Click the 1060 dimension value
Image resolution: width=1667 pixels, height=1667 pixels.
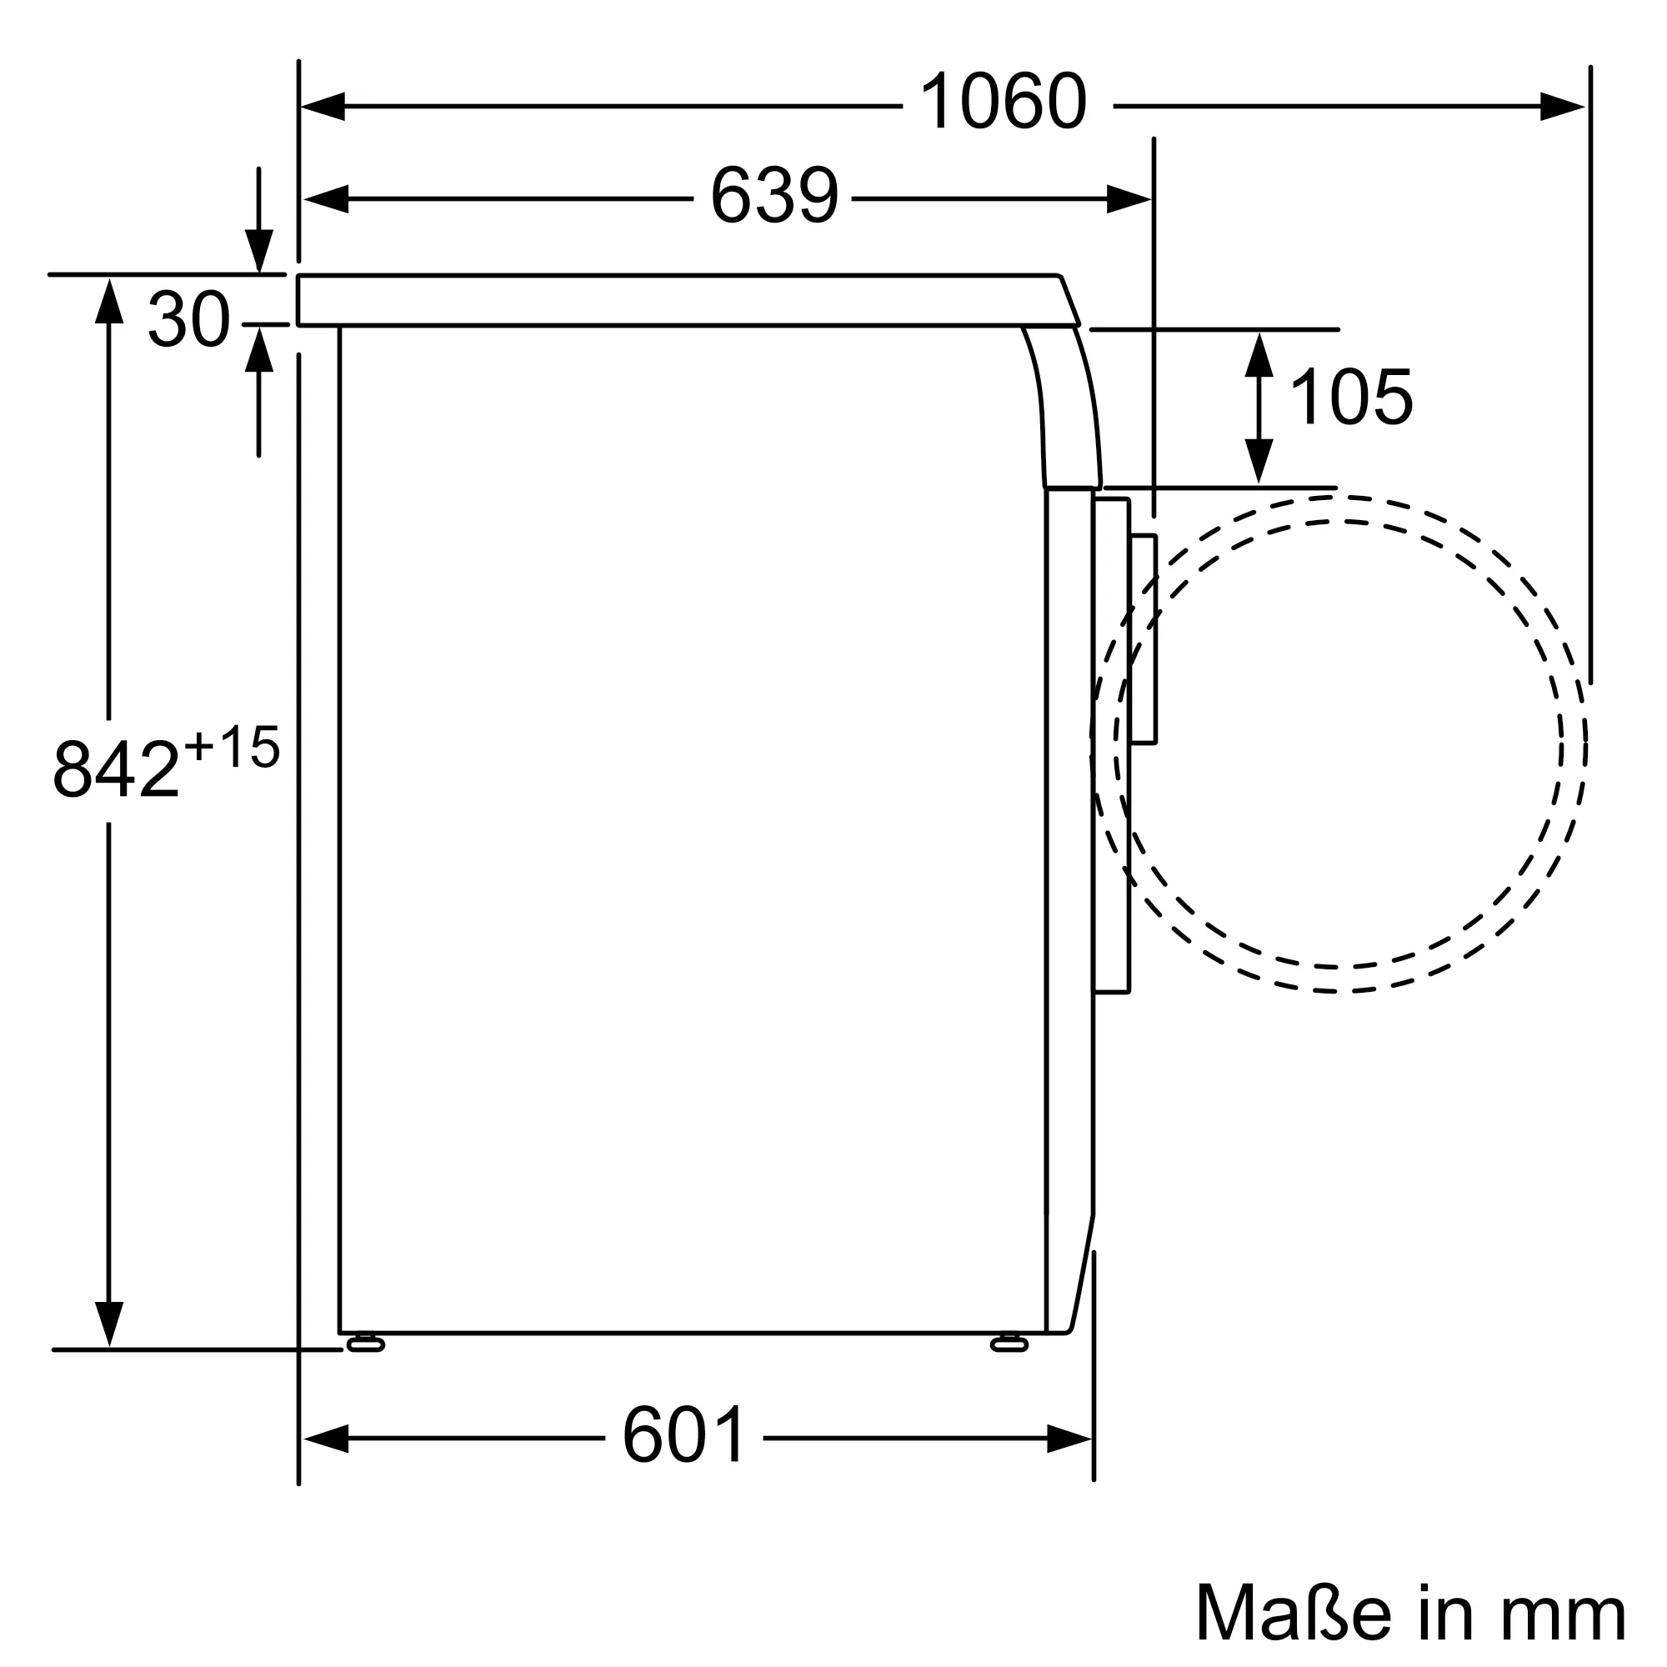click(x=1004, y=102)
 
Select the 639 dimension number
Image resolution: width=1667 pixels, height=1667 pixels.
click(x=773, y=196)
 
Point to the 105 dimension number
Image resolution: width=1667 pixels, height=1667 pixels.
click(x=1350, y=397)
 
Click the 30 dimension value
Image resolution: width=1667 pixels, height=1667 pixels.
click(x=189, y=319)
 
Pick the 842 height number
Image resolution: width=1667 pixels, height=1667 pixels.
click(x=117, y=768)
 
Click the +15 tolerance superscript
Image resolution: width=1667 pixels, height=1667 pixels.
click(x=232, y=747)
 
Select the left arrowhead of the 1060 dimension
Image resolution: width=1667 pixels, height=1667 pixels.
click(x=323, y=106)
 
